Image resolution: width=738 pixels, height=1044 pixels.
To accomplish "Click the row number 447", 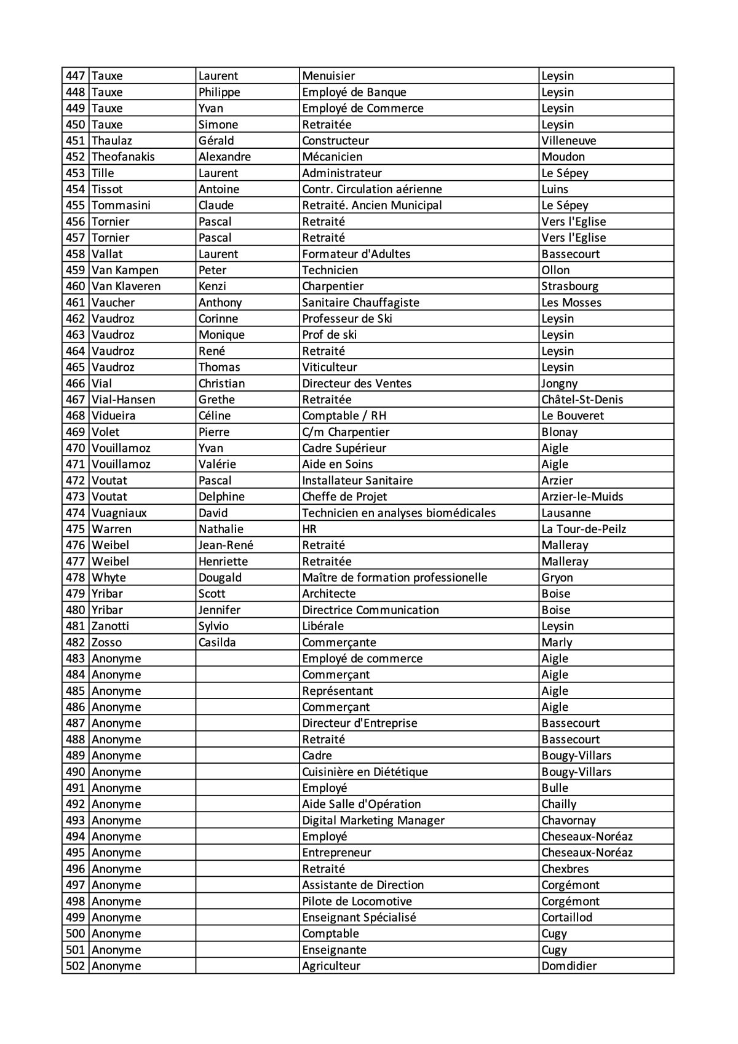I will [75, 76].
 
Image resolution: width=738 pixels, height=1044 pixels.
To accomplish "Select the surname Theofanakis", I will [123, 157].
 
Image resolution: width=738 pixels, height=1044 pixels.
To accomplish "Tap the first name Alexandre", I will [224, 157].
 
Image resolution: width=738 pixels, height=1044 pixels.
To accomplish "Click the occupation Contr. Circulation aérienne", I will [371, 189].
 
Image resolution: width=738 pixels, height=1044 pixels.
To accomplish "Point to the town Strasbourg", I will [569, 287].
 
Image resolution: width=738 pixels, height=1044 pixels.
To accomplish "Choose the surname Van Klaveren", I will [126, 287].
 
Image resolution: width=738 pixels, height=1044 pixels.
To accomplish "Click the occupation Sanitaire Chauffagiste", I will [360, 303].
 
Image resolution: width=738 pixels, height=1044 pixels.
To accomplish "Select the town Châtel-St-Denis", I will [582, 400].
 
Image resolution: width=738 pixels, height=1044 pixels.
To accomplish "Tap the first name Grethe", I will [216, 400].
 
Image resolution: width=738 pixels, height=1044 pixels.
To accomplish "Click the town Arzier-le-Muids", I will [582, 497].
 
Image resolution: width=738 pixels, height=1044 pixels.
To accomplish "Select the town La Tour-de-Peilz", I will [584, 529].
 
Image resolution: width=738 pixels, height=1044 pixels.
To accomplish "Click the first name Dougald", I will [220, 577].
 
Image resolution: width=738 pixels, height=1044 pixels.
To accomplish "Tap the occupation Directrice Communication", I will [370, 610].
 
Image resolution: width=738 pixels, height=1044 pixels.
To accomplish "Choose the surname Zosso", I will [106, 643].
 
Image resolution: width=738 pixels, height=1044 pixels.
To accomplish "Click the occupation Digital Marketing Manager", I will [373, 820].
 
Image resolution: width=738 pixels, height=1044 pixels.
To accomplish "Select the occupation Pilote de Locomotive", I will [357, 901].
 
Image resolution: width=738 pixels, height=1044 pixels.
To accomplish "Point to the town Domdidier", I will [569, 966].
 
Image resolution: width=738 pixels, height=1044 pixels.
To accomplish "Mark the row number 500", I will [75, 933].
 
